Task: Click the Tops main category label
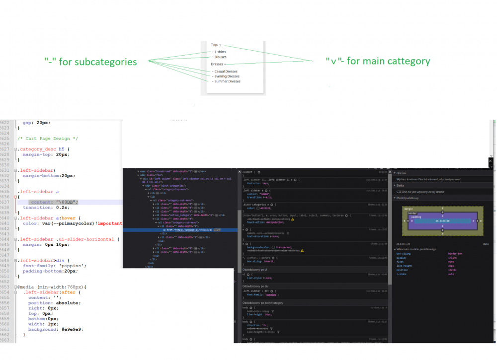(214, 45)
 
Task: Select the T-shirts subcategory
(220, 52)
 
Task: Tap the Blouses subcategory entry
(220, 57)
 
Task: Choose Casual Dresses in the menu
(226, 72)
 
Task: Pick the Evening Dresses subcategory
(227, 76)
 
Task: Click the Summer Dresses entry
(227, 81)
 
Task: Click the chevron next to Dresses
(225, 65)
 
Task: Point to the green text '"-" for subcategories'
(90, 62)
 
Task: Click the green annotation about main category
(378, 62)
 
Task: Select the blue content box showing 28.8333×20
(442, 220)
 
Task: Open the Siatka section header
(400, 185)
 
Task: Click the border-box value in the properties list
(455, 254)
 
